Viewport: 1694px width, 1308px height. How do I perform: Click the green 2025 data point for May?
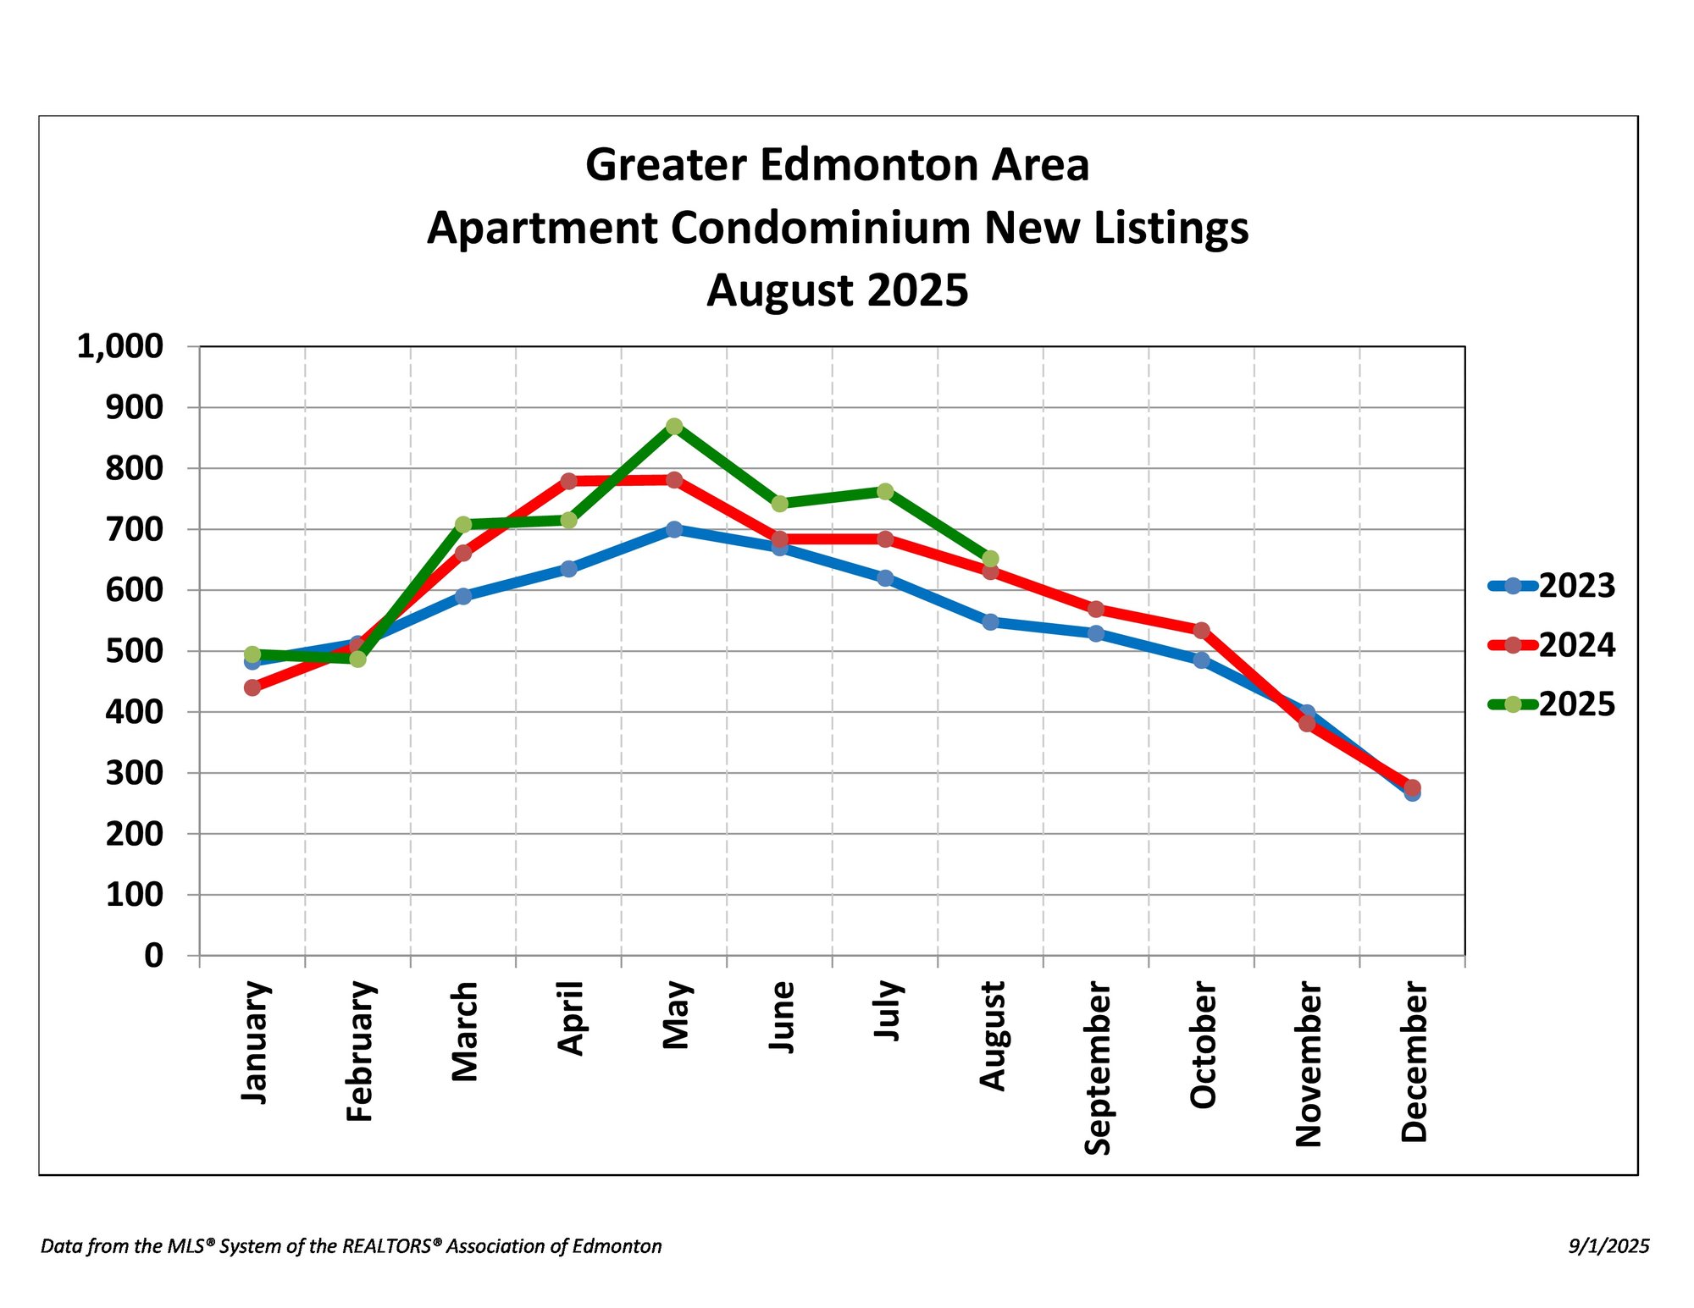click(674, 426)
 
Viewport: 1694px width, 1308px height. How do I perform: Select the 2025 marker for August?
click(990, 559)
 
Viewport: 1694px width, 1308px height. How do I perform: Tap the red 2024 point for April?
click(568, 481)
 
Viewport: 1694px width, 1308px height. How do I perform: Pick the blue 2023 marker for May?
click(674, 529)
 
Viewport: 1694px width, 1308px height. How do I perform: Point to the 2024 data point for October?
click(1201, 630)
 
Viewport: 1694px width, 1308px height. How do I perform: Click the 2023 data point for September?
click(1096, 633)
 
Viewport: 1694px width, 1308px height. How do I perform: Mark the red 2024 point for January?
click(252, 687)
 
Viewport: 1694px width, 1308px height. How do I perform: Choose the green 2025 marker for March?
click(463, 525)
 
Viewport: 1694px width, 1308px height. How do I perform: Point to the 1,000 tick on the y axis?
click(120, 346)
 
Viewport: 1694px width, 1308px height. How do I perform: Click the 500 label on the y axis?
click(134, 651)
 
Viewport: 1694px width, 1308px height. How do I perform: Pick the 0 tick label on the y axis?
click(153, 956)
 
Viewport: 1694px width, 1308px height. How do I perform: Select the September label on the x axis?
click(1098, 1068)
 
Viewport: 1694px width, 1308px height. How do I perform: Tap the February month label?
click(360, 1051)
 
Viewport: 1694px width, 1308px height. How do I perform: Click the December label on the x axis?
click(1414, 1062)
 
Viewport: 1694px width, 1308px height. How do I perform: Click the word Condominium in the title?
click(820, 228)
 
